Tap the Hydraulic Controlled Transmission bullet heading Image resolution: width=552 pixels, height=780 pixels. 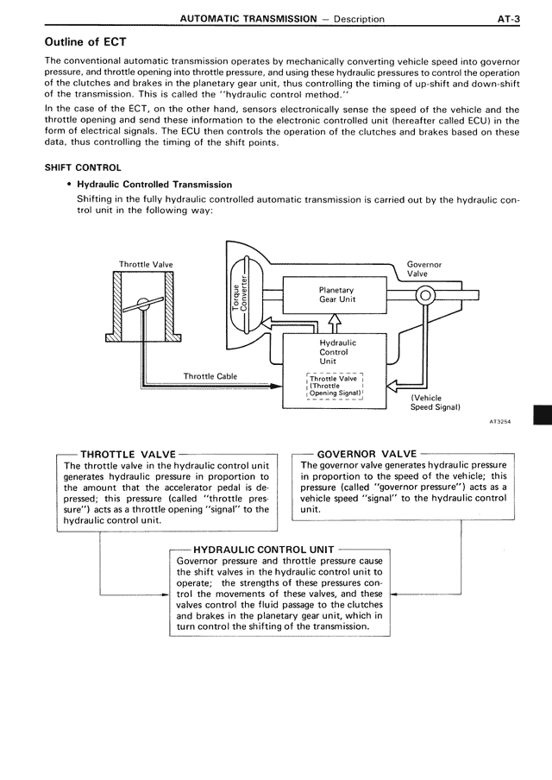coord(154,185)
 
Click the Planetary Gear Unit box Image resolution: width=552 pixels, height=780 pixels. coord(336,294)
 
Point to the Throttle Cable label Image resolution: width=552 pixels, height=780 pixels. coord(210,375)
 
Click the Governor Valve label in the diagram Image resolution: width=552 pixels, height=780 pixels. coord(423,269)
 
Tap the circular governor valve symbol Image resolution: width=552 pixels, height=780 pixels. coord(423,295)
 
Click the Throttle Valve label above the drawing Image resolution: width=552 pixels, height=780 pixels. coord(146,264)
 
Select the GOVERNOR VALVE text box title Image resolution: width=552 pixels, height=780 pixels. coord(367,453)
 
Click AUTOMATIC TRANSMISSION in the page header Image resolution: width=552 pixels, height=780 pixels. coord(243,18)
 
